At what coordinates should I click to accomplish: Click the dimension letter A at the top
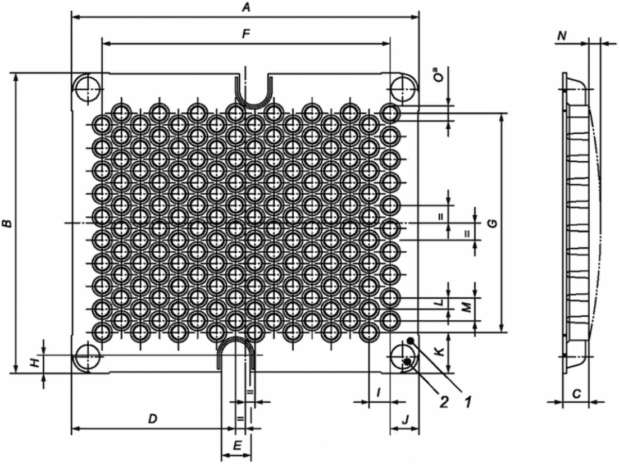(247, 8)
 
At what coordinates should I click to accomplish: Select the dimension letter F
(247, 34)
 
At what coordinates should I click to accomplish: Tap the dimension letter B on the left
(7, 224)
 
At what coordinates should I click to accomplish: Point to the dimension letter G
(492, 224)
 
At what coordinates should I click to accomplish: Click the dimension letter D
(153, 419)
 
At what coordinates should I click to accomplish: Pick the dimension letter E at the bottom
(237, 446)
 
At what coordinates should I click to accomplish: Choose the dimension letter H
(36, 362)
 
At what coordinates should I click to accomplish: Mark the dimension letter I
(379, 392)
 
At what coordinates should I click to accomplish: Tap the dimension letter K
(441, 352)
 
